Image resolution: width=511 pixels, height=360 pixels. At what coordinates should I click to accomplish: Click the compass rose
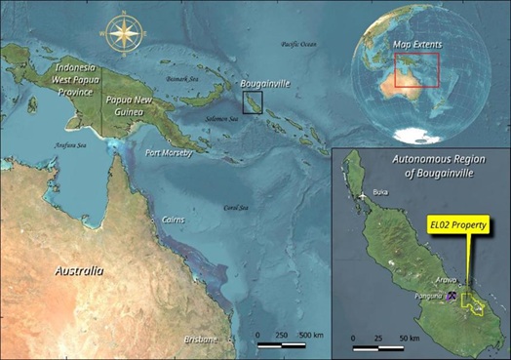(x=123, y=33)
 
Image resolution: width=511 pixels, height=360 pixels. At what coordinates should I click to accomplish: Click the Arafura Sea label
(x=65, y=146)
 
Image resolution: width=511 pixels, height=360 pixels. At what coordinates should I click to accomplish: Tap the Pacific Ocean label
(x=298, y=44)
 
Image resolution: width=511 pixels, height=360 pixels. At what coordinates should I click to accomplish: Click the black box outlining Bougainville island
(x=253, y=102)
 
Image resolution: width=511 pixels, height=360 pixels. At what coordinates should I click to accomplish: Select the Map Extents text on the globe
(x=416, y=44)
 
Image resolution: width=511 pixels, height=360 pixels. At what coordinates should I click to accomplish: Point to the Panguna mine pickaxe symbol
(x=452, y=296)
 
